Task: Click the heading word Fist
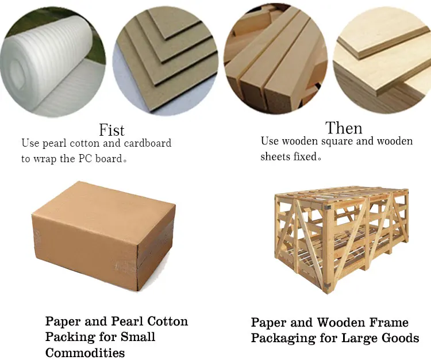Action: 111,130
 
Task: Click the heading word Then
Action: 344,128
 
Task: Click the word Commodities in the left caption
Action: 85,353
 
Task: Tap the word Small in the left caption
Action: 136,337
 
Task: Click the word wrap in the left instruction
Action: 46,159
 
